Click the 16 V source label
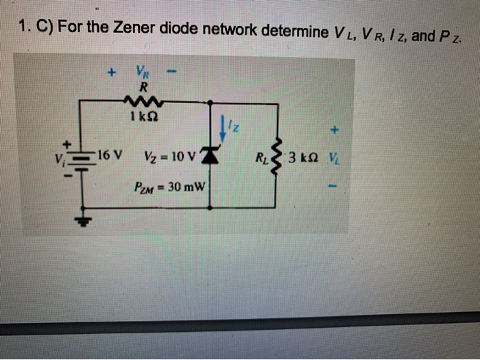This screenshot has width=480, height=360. click(110, 153)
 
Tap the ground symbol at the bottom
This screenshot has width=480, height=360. click(85, 219)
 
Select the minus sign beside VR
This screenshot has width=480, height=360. click(175, 71)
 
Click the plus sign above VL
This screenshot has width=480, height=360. click(334, 128)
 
